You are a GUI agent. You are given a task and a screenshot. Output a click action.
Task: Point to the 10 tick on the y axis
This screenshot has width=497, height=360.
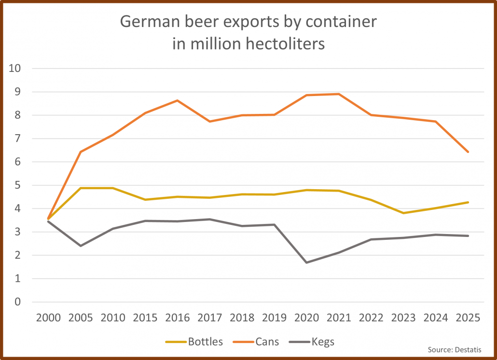[x=14, y=69]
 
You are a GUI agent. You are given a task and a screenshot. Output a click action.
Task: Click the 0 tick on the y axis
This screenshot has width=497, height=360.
[x=18, y=302]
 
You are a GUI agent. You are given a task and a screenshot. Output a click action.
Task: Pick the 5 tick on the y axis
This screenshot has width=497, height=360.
[x=18, y=185]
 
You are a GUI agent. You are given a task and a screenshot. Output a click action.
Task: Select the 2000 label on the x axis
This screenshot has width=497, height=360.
[x=49, y=318]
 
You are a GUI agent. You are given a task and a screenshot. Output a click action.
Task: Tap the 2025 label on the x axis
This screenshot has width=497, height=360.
[x=468, y=318]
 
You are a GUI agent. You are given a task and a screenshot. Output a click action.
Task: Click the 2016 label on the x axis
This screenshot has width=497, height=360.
[x=178, y=318]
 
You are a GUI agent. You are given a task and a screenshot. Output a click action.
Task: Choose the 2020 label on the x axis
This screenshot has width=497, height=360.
[x=306, y=318]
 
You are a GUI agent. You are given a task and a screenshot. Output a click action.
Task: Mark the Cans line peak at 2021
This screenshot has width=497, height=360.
[x=339, y=94]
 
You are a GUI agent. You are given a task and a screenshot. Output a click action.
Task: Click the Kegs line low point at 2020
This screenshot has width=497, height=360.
[x=306, y=263]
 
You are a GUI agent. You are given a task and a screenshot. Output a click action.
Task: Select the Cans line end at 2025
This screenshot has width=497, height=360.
[x=468, y=152]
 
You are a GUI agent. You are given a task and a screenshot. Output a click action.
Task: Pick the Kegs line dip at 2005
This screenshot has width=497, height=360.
[x=81, y=246]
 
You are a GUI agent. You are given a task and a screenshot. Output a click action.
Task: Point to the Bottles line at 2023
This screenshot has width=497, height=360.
[x=403, y=213]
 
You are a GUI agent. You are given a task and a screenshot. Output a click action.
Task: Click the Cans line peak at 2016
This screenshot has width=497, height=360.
[x=178, y=100]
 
